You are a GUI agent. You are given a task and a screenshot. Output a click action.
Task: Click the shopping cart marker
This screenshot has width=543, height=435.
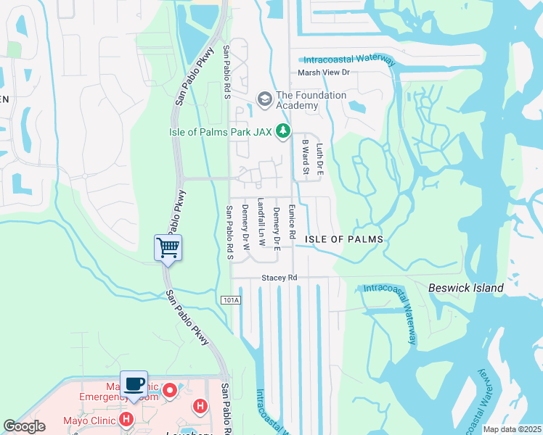168,248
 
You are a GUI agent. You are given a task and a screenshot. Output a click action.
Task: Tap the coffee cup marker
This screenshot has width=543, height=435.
134,384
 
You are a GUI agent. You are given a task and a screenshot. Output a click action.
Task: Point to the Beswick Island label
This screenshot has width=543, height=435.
466,288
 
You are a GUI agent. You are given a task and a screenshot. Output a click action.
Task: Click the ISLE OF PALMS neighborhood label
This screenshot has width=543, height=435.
343,239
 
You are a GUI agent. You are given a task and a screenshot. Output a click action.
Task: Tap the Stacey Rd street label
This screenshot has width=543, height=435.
279,278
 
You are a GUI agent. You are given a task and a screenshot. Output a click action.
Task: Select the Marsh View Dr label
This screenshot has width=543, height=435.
324,72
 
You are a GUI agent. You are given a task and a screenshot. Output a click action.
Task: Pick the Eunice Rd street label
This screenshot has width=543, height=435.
292,221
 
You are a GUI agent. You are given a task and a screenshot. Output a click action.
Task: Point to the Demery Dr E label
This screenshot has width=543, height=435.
277,225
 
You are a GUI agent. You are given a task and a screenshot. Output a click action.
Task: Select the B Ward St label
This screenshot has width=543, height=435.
306,157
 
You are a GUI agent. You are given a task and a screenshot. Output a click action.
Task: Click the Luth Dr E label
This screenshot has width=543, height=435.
319,158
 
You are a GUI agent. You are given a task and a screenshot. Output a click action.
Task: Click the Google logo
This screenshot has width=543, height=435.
24,426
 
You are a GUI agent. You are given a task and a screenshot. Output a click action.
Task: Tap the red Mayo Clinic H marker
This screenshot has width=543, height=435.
126,419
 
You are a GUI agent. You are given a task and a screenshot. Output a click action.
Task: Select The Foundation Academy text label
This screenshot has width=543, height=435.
311,100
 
